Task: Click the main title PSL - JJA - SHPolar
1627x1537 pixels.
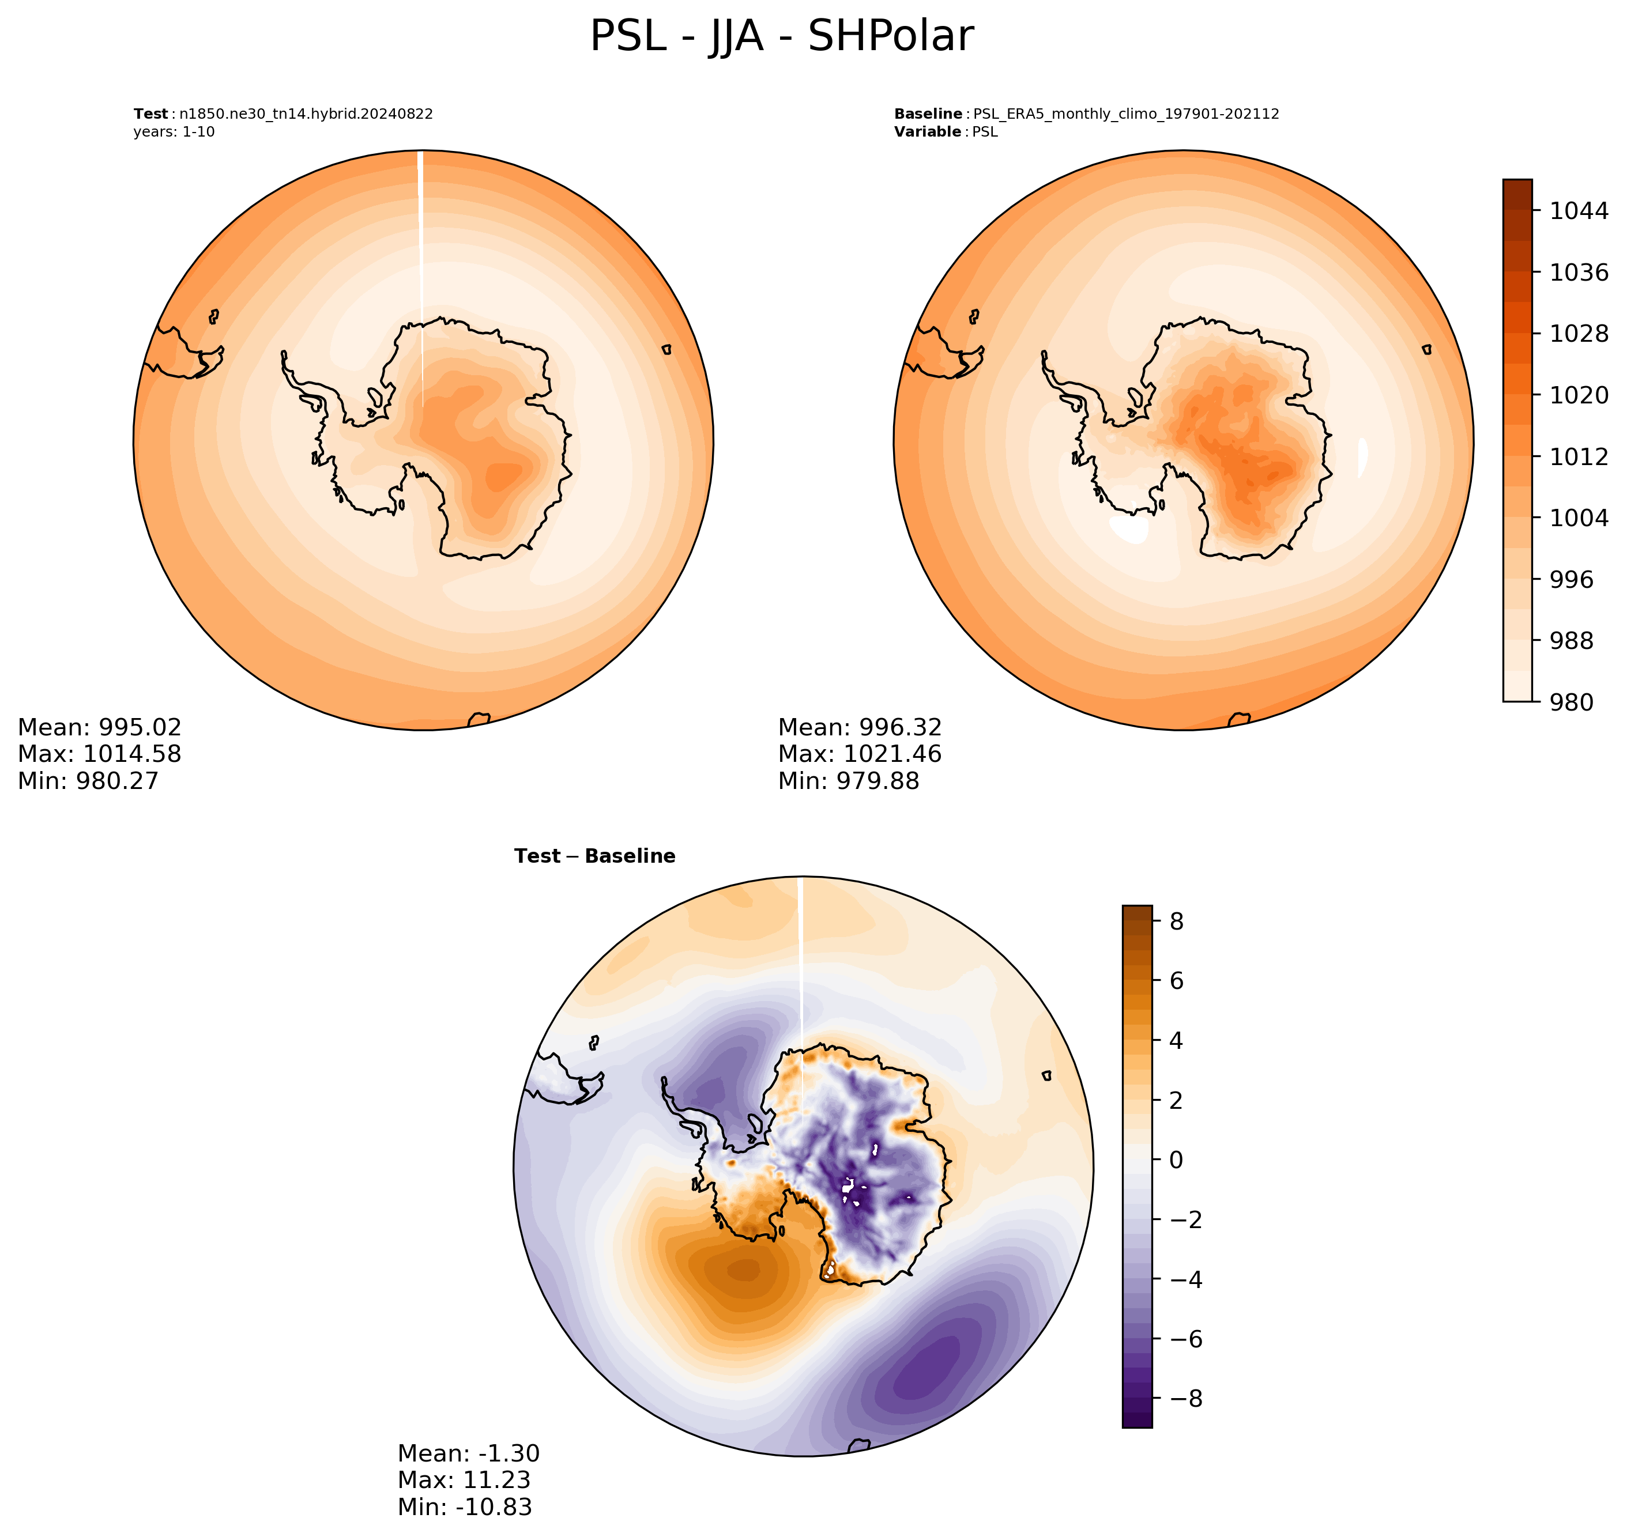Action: coord(781,37)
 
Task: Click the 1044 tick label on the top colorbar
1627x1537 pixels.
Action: coord(1579,210)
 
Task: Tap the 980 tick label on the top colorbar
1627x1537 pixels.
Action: coord(1571,702)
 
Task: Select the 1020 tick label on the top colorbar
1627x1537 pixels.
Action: coord(1579,395)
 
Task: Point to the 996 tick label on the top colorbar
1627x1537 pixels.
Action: coord(1571,579)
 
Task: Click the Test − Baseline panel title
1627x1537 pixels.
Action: coord(594,856)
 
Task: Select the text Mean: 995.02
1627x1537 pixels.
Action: coord(99,727)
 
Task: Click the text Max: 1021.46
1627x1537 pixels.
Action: coord(860,754)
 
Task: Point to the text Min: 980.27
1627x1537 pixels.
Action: coord(88,781)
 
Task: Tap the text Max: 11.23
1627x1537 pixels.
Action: coord(464,1479)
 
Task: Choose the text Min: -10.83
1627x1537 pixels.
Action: coord(465,1506)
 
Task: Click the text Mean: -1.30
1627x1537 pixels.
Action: coord(469,1453)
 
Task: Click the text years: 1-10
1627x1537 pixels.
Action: coord(174,132)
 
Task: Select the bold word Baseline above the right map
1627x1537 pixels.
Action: coord(928,114)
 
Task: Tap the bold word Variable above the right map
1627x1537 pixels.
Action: coord(927,132)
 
